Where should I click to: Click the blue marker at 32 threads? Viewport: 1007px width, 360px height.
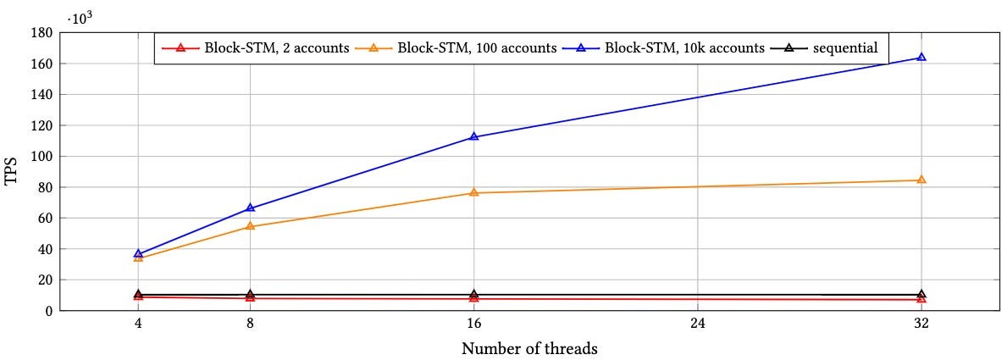tap(921, 58)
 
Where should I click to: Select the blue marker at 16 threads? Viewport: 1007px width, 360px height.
tap(474, 136)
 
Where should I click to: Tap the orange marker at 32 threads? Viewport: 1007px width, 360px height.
tap(921, 180)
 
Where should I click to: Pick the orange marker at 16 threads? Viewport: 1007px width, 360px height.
tap(474, 192)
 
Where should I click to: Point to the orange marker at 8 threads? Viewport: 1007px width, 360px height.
tap(251, 226)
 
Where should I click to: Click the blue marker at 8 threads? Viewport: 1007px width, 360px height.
tap(251, 208)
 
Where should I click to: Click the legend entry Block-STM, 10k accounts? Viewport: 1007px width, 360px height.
tap(683, 47)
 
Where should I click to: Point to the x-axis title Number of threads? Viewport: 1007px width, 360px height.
tap(529, 348)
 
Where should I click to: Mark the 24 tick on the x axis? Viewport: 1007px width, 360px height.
tap(698, 324)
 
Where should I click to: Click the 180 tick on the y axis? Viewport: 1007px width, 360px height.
tap(44, 33)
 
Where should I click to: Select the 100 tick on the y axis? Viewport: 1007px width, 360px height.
tap(44, 157)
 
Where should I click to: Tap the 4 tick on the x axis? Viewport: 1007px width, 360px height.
tap(139, 324)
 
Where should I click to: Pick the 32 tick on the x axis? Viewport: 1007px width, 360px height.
tap(921, 324)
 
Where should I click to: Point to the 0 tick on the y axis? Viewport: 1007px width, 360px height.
tap(50, 311)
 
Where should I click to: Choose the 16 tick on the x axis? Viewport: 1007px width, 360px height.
tap(474, 324)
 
